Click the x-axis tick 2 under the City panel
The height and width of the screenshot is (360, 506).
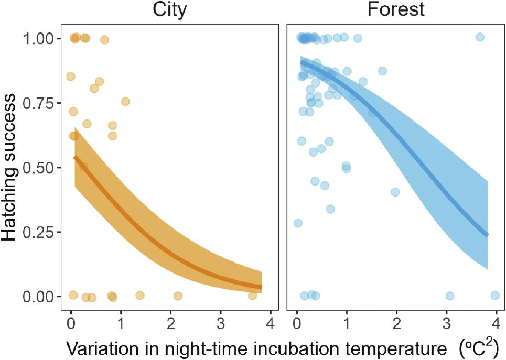tap(171, 321)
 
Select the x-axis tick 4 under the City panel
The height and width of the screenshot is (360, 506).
tap(271, 321)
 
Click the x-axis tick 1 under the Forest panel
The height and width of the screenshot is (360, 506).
tap(347, 321)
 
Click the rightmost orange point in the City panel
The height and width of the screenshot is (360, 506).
tap(252, 296)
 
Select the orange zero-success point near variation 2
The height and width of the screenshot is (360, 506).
tap(178, 296)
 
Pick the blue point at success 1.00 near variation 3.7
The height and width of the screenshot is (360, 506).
tap(479, 37)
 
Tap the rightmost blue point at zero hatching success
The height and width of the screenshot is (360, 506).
tap(494, 296)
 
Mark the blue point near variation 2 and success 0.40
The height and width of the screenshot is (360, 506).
tap(395, 192)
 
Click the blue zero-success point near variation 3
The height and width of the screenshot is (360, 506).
tap(449, 296)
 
